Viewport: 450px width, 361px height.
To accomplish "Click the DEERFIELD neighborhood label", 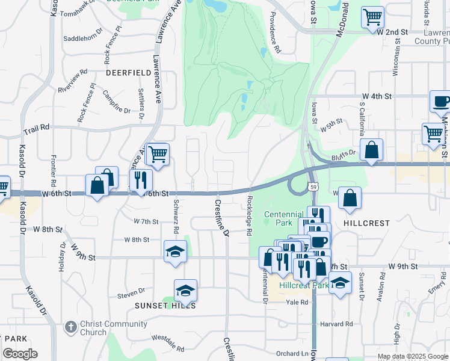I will pos(128,72).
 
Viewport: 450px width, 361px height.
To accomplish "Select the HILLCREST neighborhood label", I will pos(366,223).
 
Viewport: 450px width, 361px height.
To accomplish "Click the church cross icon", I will pos(70,327).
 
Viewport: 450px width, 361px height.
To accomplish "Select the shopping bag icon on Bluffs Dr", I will pos(372,150).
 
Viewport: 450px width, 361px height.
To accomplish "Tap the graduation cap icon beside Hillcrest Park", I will pos(340,283).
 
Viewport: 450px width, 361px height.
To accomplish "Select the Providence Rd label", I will pos(276,33).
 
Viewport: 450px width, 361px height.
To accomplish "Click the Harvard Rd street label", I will pos(336,324).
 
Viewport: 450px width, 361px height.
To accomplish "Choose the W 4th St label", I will pos(377,96).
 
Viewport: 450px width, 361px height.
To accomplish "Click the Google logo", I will pos(20,354).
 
